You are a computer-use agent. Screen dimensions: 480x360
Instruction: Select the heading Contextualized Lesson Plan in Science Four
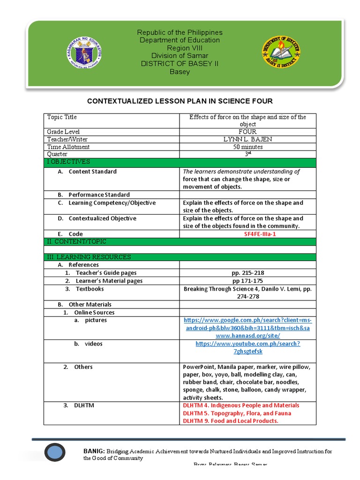(x=180, y=101)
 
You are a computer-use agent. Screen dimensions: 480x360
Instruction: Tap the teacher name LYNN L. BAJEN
(x=248, y=139)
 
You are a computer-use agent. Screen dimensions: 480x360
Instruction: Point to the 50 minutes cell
(x=248, y=147)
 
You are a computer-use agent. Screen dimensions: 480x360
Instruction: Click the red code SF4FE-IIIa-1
(x=247, y=234)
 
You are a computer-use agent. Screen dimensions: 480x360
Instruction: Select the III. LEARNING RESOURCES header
(x=88, y=257)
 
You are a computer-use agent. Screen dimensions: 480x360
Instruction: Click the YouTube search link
(x=248, y=347)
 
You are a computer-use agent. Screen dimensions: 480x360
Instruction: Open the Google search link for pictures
(x=247, y=328)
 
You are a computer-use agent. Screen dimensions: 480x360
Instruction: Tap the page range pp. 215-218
(x=247, y=273)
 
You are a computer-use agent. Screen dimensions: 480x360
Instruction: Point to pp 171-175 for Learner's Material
(x=247, y=281)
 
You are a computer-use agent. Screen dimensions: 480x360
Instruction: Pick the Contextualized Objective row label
(x=102, y=218)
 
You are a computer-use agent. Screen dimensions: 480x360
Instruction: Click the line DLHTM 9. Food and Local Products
(x=230, y=421)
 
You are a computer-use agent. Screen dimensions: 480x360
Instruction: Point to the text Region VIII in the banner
(x=180, y=48)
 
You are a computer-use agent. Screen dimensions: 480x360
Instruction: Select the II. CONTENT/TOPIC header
(x=76, y=241)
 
